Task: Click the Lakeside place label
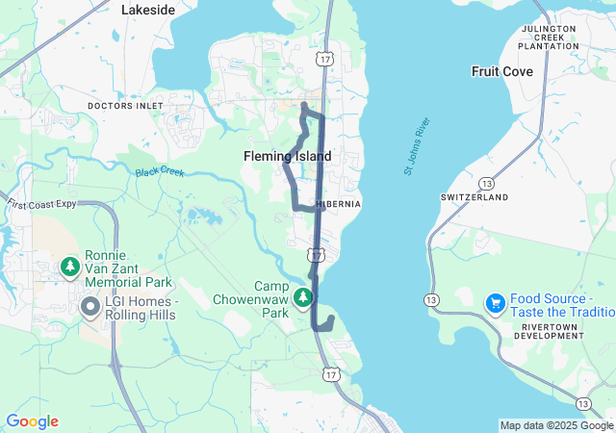(x=148, y=10)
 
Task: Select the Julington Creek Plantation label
(x=547, y=38)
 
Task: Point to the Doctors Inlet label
(x=126, y=105)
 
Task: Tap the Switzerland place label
(x=475, y=197)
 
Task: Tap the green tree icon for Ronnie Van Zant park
(x=69, y=265)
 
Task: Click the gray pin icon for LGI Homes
(x=90, y=307)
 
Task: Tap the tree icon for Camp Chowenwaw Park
(x=303, y=298)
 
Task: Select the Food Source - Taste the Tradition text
(x=560, y=305)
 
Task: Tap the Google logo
(x=32, y=421)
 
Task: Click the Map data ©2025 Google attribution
(x=556, y=425)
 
